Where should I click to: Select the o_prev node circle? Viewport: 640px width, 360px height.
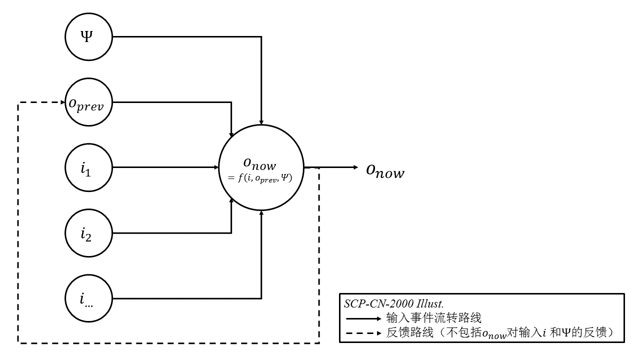coord(88,103)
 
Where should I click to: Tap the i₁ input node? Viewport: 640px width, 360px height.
coord(88,167)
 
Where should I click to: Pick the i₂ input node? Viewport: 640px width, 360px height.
coord(88,233)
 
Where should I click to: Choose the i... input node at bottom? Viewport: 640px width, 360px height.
coord(88,298)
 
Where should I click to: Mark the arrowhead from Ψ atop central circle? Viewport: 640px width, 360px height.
coord(261,121)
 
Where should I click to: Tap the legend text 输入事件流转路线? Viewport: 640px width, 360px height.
coord(433,318)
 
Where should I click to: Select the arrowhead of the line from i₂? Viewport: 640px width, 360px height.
coord(231,200)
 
